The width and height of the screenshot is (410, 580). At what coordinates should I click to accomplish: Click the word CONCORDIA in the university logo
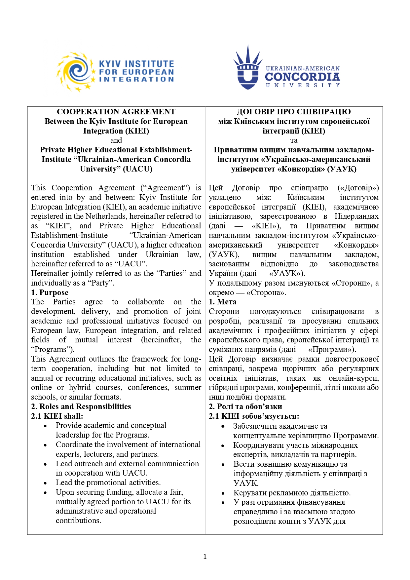click(302, 77)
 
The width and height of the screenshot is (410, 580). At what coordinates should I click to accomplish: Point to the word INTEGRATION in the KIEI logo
click(136, 79)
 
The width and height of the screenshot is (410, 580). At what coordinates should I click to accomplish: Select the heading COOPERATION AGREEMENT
click(116, 112)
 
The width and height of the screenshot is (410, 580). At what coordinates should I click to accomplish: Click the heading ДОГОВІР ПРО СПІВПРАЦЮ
click(294, 112)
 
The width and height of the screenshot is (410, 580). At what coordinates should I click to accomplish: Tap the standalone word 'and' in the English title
click(116, 140)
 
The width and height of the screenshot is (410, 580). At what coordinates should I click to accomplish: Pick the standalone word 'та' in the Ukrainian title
click(294, 140)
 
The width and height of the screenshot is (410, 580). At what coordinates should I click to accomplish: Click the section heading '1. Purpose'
click(50, 292)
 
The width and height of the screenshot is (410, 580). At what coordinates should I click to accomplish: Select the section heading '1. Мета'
click(223, 302)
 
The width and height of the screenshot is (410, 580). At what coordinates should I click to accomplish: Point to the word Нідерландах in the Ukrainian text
click(356, 216)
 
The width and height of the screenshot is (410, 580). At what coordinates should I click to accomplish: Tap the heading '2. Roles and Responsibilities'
click(81, 406)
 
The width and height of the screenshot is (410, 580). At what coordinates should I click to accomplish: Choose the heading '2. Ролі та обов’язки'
click(245, 406)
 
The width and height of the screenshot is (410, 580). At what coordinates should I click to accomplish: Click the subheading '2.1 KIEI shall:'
click(57, 416)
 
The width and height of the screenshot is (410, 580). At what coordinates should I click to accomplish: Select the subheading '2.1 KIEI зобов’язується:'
click(254, 416)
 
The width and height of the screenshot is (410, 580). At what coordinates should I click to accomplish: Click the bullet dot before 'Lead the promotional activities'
click(45, 483)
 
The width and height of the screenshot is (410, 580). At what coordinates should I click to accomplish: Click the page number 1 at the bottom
click(205, 557)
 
